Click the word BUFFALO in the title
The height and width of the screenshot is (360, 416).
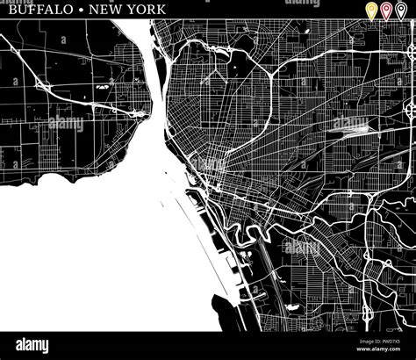[x=32, y=10]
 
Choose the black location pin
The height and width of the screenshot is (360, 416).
[x=400, y=11]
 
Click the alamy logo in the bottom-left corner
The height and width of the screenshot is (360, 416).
[x=26, y=345]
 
